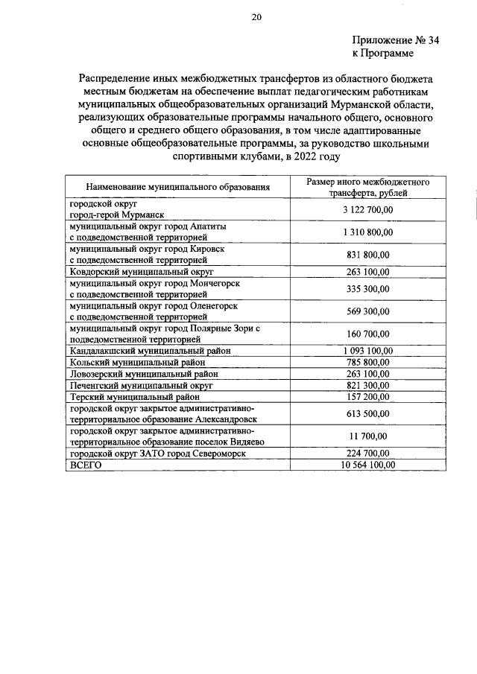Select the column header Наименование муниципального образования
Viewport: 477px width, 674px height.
click(x=177, y=187)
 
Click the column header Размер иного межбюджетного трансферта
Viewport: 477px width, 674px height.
click(x=367, y=187)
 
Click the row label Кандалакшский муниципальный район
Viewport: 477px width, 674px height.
click(x=150, y=350)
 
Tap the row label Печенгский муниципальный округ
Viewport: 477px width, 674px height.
click(x=142, y=386)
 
